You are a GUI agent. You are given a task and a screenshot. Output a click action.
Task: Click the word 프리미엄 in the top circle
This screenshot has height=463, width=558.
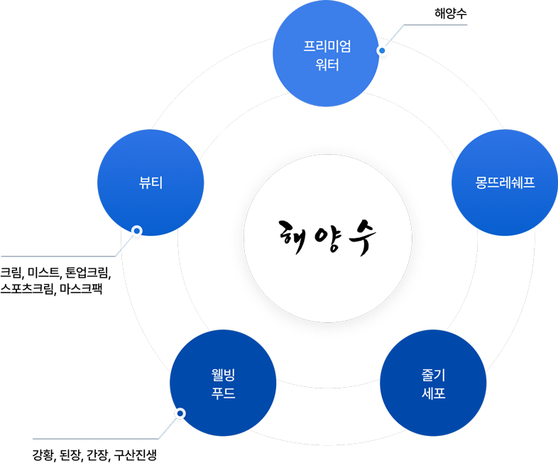coord(327,48)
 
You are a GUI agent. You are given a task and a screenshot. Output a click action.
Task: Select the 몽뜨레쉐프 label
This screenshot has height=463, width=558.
coord(504,183)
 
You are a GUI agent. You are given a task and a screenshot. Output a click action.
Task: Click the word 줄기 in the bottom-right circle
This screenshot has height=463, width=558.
coord(433,374)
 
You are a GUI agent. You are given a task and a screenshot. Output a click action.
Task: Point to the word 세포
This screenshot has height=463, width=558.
coord(433,393)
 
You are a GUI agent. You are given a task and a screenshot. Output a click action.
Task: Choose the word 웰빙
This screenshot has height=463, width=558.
coord(223,374)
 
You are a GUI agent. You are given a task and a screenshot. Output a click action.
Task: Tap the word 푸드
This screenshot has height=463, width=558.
coord(223,393)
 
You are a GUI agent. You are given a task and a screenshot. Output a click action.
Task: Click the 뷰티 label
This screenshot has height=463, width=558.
coord(150,182)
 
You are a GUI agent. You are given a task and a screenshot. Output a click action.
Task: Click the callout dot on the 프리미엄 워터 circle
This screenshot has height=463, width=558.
coord(381,51)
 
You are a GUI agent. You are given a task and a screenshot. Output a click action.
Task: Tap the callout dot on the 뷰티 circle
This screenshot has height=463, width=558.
coord(138,231)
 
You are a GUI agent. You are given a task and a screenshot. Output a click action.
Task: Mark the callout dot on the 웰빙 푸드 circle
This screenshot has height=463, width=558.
coord(180,413)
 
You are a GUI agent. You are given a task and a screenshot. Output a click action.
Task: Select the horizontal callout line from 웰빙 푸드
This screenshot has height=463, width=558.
coord(96,439)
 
